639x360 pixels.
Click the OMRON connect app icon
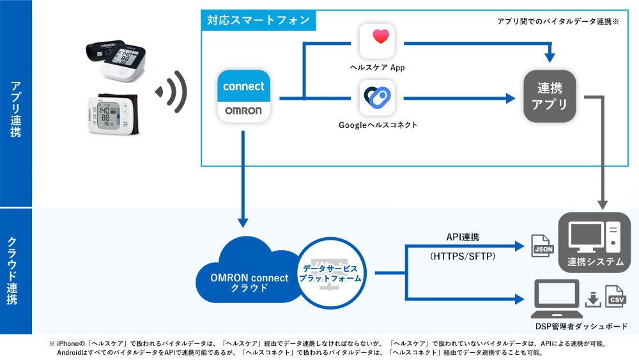[x=243, y=95]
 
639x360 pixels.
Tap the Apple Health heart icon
[x=380, y=40]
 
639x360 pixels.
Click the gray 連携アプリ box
[x=550, y=97]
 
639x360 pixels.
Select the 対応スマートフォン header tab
[x=258, y=20]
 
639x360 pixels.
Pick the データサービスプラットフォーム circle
[x=331, y=274]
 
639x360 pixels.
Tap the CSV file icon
[x=616, y=297]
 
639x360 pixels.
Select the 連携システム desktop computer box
[x=594, y=242]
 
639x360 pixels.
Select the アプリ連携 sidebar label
[x=15, y=109]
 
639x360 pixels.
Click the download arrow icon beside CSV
[x=593, y=298]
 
